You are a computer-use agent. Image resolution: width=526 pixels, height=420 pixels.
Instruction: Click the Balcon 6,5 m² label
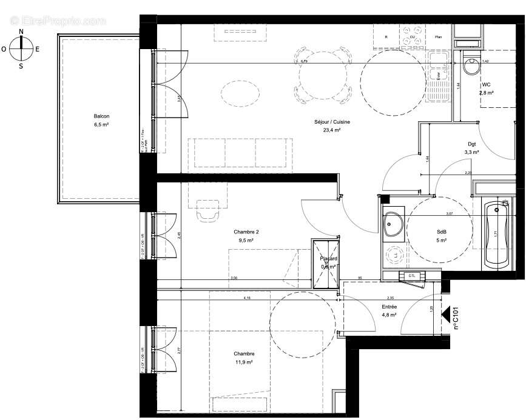pyautogui.click(x=101, y=120)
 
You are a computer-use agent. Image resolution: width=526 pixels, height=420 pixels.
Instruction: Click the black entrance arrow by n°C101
pyautogui.click(x=448, y=315)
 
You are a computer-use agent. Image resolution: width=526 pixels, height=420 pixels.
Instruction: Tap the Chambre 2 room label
pyautogui.click(x=246, y=236)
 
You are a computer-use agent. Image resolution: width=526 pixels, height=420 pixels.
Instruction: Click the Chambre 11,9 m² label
pyautogui.click(x=246, y=358)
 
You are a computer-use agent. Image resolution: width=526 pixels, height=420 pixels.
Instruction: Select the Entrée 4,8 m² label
pyautogui.click(x=389, y=311)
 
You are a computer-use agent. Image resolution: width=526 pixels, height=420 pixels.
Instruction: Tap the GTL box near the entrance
pyautogui.click(x=412, y=276)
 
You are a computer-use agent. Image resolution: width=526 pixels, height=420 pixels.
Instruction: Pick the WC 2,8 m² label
pyautogui.click(x=487, y=89)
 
